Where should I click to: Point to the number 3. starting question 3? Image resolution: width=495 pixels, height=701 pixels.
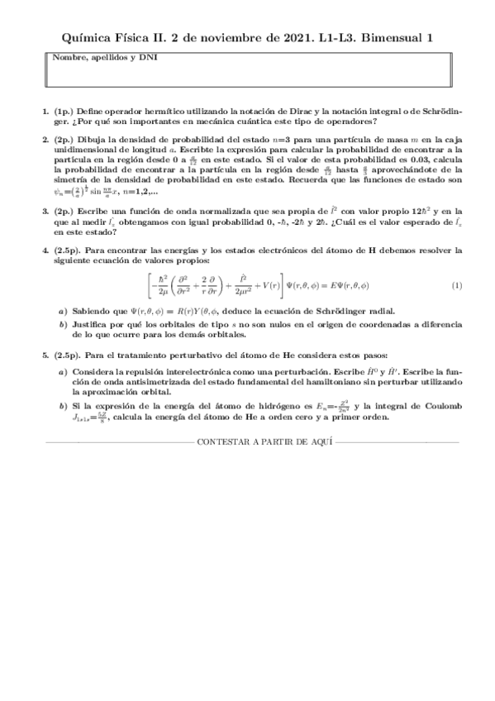click(46, 211)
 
